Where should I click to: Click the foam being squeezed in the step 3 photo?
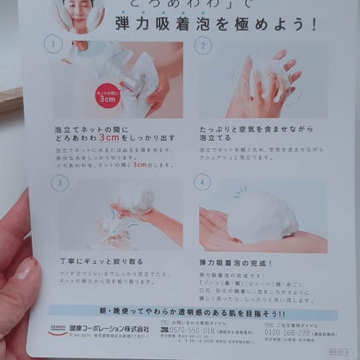(x=134, y=201)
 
